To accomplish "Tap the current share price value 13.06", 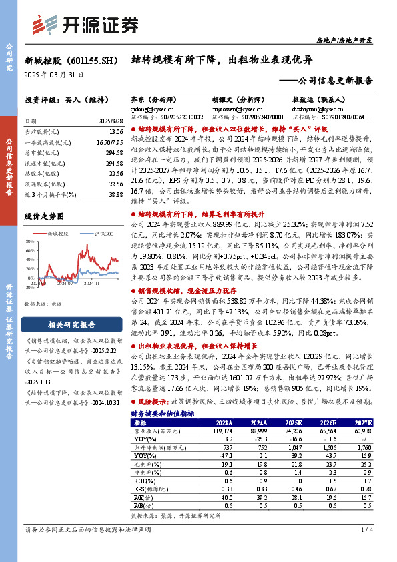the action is click(115, 131).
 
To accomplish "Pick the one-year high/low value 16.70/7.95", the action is click(110, 142).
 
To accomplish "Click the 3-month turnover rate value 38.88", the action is click(115, 194).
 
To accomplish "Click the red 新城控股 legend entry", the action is click(57, 234).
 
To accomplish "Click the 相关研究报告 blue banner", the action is click(73, 325).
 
